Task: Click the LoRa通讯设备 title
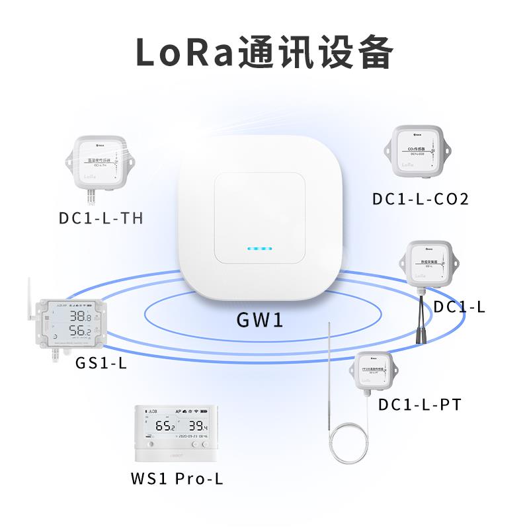(264, 52)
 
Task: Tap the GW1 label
(260, 321)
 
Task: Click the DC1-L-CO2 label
(421, 198)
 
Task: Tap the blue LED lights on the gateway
(259, 249)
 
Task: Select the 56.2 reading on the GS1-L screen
(81, 331)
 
